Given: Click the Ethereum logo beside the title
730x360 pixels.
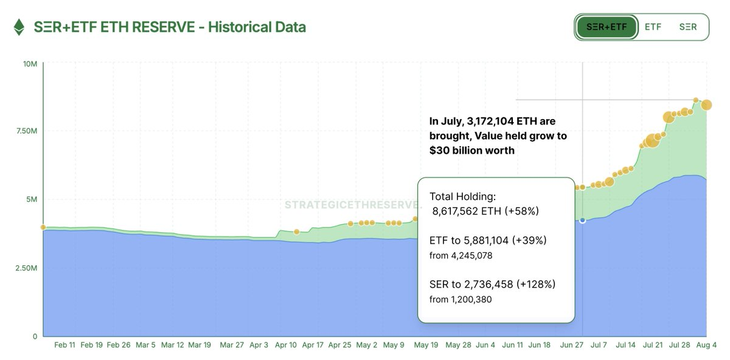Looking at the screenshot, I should [20, 27].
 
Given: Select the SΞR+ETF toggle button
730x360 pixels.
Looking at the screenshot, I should [607, 27].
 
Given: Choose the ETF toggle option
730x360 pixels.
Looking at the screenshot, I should [653, 27].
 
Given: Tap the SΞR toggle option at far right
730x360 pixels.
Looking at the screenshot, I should [688, 27].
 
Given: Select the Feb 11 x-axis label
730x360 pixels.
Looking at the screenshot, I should [64, 345].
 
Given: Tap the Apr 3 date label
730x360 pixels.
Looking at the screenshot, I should [258, 345].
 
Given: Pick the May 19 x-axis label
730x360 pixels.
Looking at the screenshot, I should [426, 345].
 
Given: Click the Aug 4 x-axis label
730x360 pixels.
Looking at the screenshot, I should [706, 345].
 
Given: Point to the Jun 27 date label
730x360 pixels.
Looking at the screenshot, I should [572, 345].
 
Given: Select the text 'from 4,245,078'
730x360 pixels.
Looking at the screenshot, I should [461, 256].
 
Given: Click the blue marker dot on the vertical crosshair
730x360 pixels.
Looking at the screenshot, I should [583, 220].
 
